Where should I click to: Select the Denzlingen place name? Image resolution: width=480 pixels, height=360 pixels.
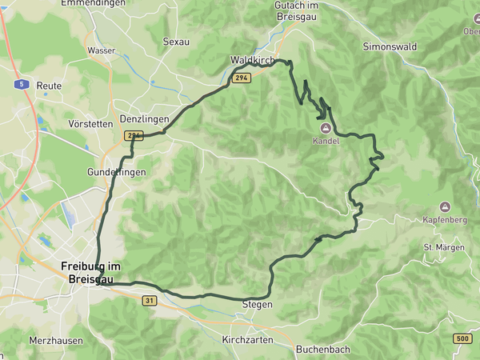click(x=144, y=119)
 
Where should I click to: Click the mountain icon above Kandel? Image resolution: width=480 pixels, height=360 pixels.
click(x=326, y=128)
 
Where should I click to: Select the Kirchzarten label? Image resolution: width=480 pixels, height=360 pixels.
click(x=247, y=340)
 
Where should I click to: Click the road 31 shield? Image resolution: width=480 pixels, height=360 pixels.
click(x=150, y=300)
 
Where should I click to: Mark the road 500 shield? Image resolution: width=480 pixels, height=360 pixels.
click(x=462, y=339)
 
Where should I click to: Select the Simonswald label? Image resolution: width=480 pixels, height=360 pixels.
click(x=390, y=47)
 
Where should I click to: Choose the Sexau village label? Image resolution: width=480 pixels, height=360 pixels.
click(x=176, y=42)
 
